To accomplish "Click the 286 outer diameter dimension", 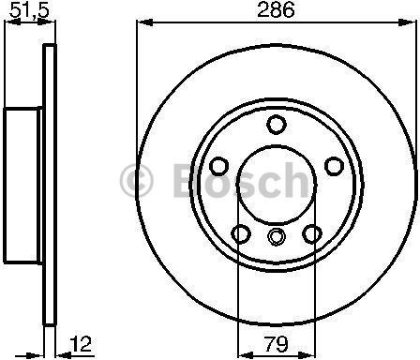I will (277, 12).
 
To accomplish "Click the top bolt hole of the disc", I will (276, 125).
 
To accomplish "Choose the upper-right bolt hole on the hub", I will (334, 166).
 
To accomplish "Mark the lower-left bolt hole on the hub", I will (241, 233).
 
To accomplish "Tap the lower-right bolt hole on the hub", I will (311, 233).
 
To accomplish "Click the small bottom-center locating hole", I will (276, 236).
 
